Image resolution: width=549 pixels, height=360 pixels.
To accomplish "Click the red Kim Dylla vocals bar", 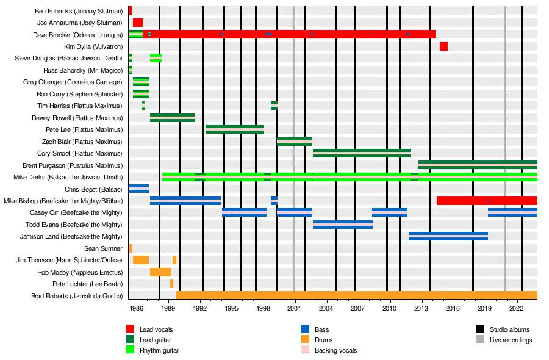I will coord(443,46).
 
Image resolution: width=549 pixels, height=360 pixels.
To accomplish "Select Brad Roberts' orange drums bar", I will coord(356,295).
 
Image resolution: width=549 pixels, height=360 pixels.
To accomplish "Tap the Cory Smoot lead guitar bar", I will coord(361,153).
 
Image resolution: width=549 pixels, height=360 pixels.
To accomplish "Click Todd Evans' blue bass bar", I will coord(342,225).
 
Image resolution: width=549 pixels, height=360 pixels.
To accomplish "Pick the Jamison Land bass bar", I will coord(448,236).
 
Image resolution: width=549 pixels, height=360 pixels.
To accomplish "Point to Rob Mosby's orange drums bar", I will coord(160,272).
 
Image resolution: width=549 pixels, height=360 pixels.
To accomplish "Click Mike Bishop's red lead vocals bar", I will coord(487,201).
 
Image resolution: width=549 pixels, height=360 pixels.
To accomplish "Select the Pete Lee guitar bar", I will coord(234,129).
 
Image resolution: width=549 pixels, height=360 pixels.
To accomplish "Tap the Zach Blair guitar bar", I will coord(294,142).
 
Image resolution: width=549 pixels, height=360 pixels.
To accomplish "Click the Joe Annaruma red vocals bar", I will coord(138,23).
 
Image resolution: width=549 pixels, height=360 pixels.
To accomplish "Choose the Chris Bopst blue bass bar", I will coord(138,189).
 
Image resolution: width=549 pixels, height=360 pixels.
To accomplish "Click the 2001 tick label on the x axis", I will coord(295,309).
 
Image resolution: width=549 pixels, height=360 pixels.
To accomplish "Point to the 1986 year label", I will coord(136,309).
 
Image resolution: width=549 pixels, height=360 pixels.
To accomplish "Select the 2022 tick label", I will coord(517,309).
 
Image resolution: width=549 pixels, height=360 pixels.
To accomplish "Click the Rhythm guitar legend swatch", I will coord(131,350).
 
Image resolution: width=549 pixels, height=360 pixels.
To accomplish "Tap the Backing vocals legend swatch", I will coord(306,350).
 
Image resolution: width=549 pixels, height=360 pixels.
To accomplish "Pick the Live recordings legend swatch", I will coord(481,340).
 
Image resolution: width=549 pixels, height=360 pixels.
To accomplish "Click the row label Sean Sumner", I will coord(104,248).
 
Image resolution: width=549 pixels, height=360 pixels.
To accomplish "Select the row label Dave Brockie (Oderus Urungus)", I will coord(79,35).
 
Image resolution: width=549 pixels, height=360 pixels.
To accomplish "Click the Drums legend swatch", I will coord(306,340).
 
